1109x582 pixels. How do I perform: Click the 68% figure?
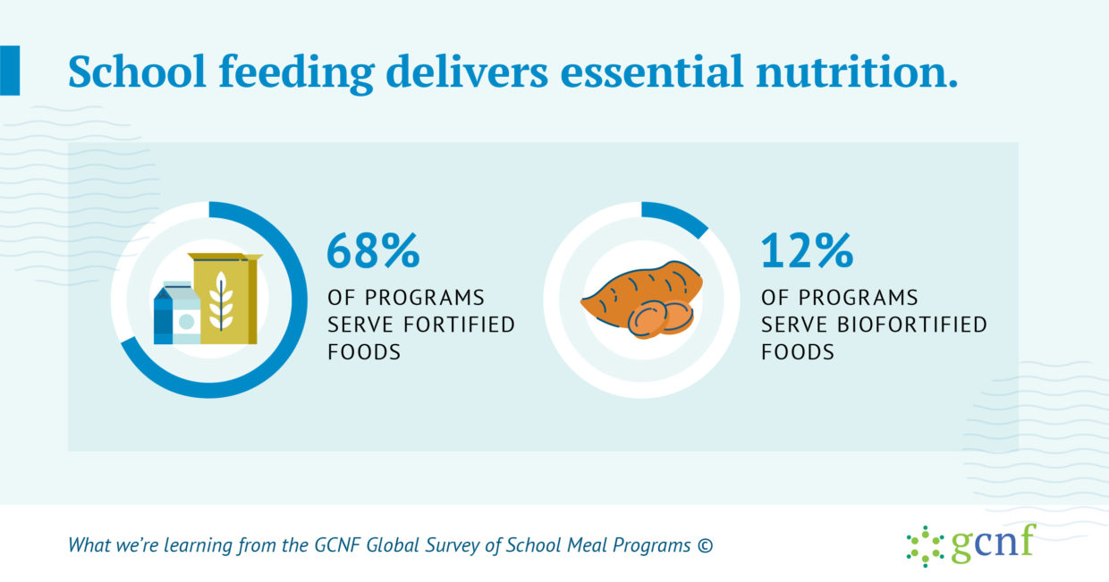pyautogui.click(x=373, y=251)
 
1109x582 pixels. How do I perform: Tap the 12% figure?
pyautogui.click(x=807, y=251)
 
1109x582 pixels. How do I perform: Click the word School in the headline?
pyautogui.click(x=137, y=72)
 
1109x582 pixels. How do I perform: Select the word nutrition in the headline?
pyautogui.click(x=857, y=72)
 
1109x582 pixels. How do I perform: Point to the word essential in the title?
pyautogui.click(x=651, y=72)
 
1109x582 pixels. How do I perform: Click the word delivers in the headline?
pyautogui.click(x=467, y=72)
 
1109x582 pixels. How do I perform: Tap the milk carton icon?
pyautogui.click(x=177, y=313)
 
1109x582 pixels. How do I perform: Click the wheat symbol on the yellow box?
pyautogui.click(x=221, y=301)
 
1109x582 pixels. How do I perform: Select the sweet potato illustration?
pyautogui.click(x=641, y=299)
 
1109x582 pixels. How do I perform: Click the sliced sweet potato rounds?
pyautogui.click(x=661, y=318)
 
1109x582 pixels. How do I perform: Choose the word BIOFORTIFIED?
pyautogui.click(x=912, y=325)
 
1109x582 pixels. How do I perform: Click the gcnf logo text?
pyautogui.click(x=993, y=543)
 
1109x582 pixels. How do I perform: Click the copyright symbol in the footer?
pyautogui.click(x=705, y=545)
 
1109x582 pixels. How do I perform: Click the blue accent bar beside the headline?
pyautogui.click(x=10, y=71)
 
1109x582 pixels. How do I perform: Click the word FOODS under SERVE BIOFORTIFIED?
pyautogui.click(x=798, y=352)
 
